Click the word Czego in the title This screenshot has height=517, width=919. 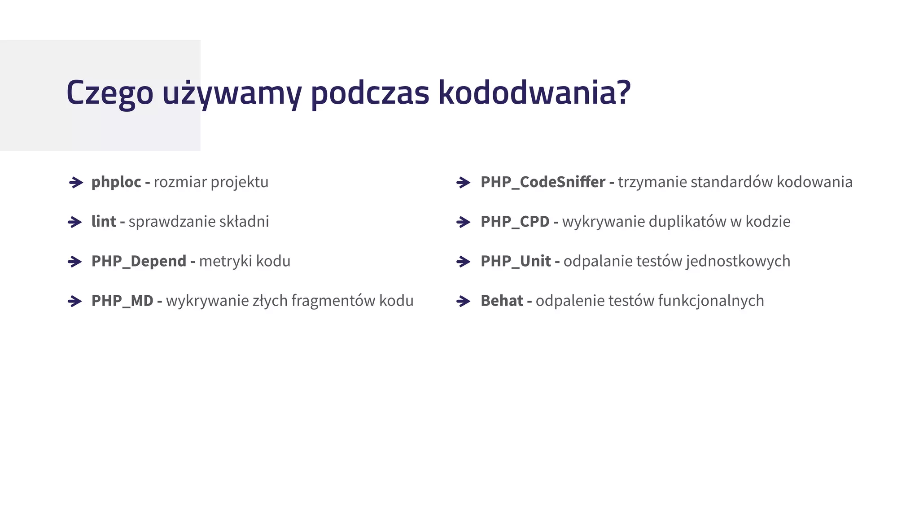point(109,93)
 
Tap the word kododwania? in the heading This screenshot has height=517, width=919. point(534,93)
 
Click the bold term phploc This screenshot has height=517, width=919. point(116,182)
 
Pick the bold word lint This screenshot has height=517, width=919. point(104,222)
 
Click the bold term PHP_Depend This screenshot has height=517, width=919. point(139,261)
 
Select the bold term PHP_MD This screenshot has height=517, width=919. point(122,301)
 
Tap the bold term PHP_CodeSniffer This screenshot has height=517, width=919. point(543,182)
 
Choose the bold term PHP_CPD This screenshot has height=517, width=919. point(515,222)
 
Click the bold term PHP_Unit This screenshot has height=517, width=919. point(516,261)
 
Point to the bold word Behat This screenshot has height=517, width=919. point(502,301)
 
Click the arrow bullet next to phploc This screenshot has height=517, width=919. point(76,183)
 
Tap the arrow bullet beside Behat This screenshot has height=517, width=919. point(463,301)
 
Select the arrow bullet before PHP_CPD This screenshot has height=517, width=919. point(463,222)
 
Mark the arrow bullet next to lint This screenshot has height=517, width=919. point(75,222)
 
